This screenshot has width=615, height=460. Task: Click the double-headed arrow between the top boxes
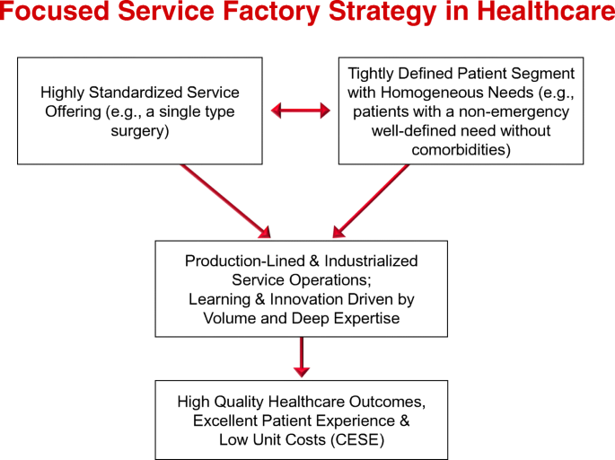click(x=301, y=111)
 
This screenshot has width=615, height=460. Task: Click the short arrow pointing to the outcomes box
click(x=302, y=358)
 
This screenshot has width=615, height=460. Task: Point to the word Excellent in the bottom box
click(x=225, y=420)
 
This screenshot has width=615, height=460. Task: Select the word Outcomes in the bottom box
click(x=390, y=402)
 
